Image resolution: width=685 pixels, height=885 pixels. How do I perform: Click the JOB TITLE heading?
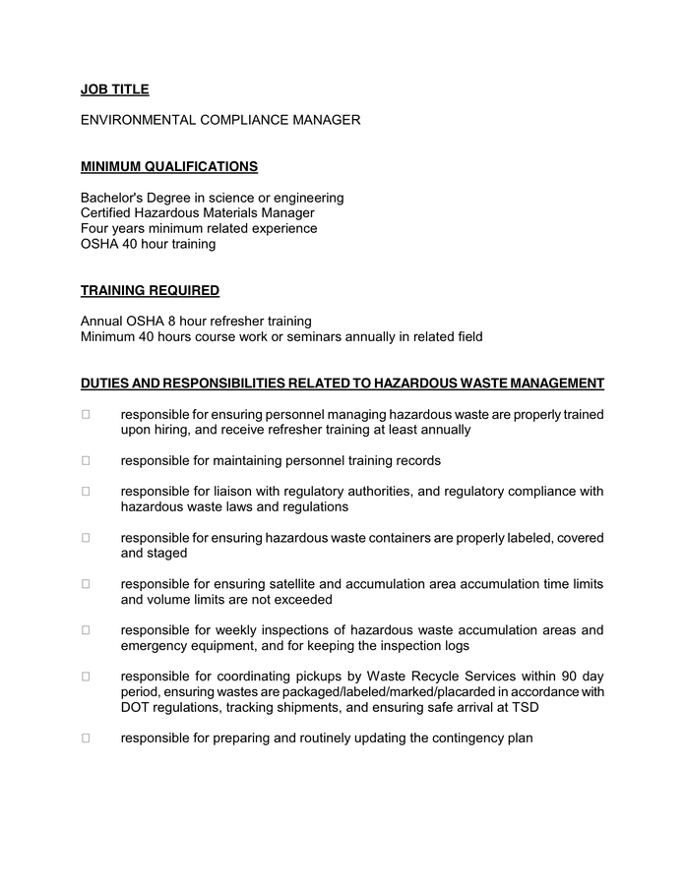click(114, 89)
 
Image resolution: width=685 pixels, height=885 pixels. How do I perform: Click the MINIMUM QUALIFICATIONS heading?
click(169, 166)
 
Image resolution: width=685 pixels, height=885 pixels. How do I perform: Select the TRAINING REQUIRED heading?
click(150, 290)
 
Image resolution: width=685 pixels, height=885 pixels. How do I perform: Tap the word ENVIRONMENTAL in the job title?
click(139, 120)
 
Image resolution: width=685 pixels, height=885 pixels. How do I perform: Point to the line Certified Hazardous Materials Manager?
click(197, 212)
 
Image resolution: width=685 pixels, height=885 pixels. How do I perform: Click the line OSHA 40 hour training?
click(148, 244)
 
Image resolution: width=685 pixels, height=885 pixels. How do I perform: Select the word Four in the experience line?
click(94, 228)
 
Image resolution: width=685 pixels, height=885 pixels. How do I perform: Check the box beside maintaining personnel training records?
click(86, 460)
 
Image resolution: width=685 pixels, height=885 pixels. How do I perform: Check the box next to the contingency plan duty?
click(86, 737)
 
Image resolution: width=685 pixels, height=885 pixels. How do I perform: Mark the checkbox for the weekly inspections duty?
click(86, 629)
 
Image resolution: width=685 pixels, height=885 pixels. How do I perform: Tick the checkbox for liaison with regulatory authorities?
click(86, 491)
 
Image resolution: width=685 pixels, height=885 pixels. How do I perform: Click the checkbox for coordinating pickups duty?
click(86, 676)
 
